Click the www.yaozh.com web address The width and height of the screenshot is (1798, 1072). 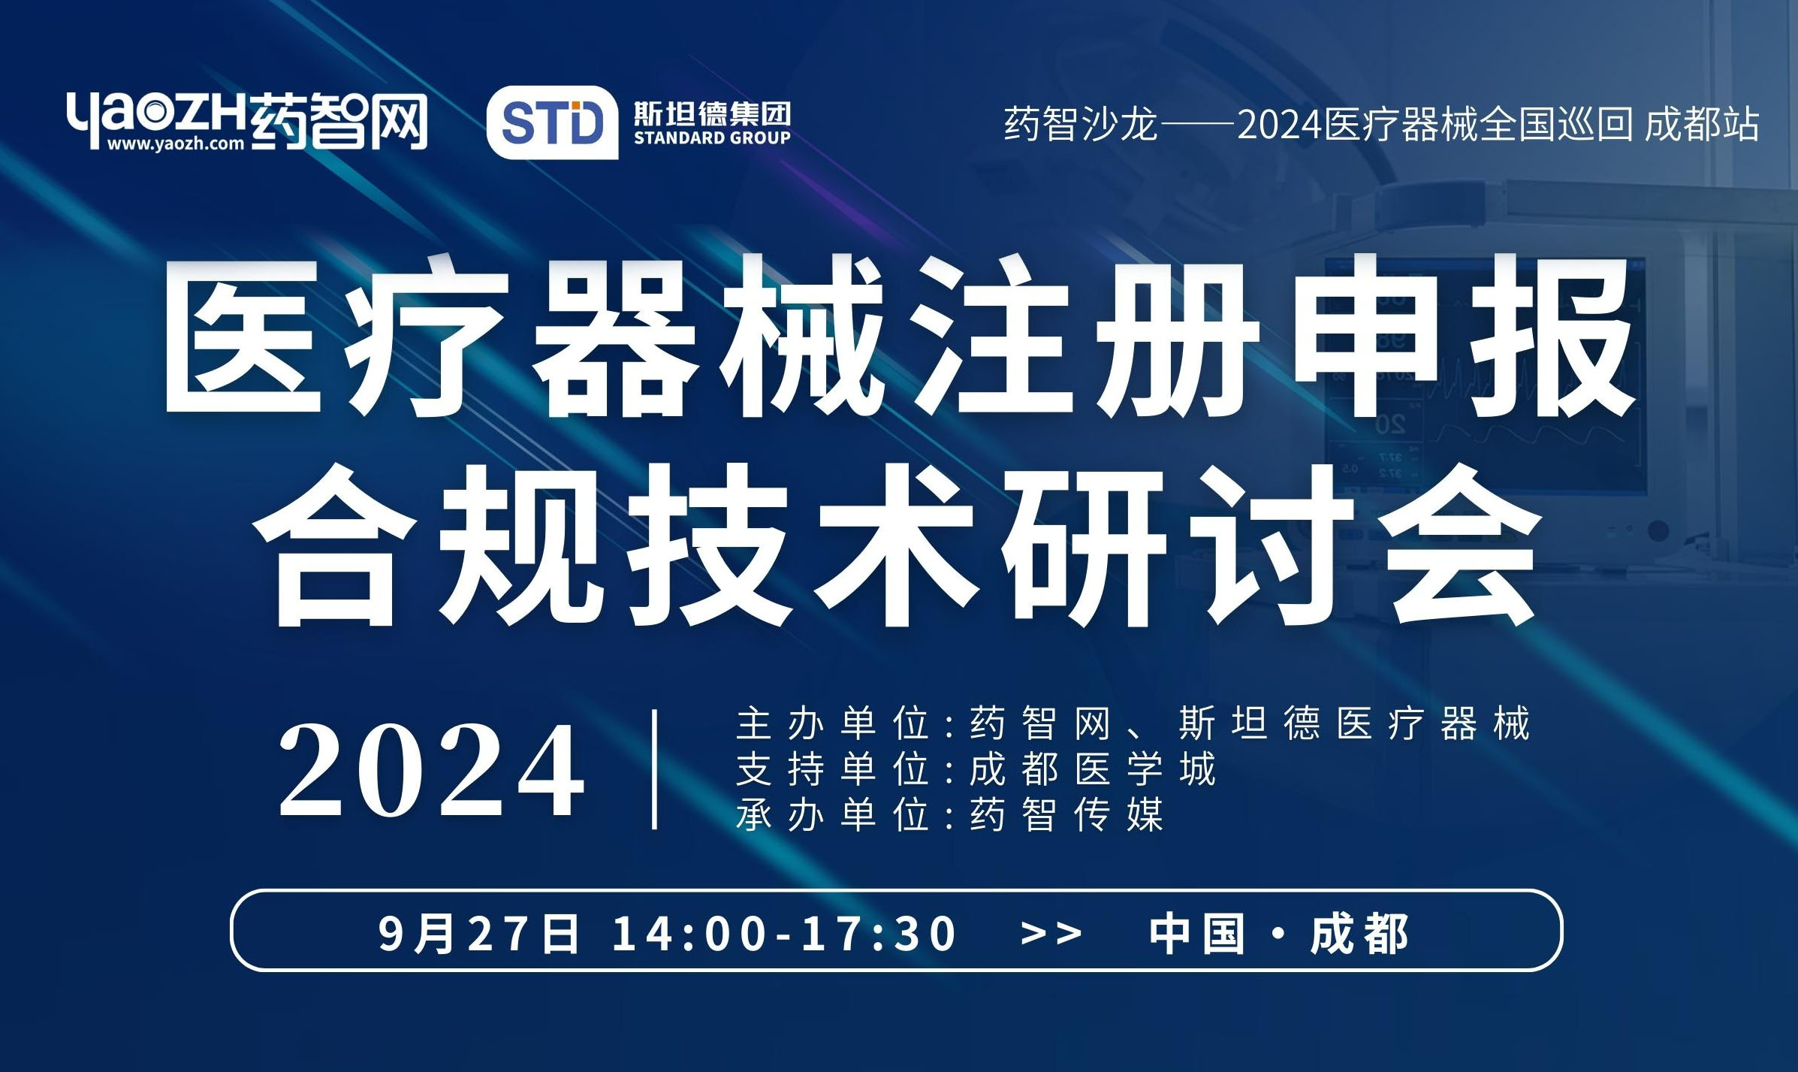click(176, 143)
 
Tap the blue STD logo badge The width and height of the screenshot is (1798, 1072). click(552, 122)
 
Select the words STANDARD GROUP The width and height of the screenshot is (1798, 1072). click(712, 137)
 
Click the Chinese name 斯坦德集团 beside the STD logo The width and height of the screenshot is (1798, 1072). click(712, 113)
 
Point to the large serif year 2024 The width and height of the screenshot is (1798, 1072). click(432, 770)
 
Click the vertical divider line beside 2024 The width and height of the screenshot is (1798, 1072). click(656, 770)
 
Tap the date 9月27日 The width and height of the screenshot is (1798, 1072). click(478, 934)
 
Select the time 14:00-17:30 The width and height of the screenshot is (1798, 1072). click(784, 934)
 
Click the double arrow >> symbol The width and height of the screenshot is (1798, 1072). click(1051, 934)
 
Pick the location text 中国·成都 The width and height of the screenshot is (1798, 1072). click(1279, 934)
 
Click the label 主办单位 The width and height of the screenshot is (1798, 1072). click(834, 723)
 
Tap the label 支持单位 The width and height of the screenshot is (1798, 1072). click(834, 769)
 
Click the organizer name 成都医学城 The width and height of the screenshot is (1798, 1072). click(1093, 769)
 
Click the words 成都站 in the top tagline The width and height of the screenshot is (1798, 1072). click(1702, 124)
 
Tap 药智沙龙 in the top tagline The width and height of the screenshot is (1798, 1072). click(1081, 124)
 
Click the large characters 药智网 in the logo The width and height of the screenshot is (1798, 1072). click(338, 120)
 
